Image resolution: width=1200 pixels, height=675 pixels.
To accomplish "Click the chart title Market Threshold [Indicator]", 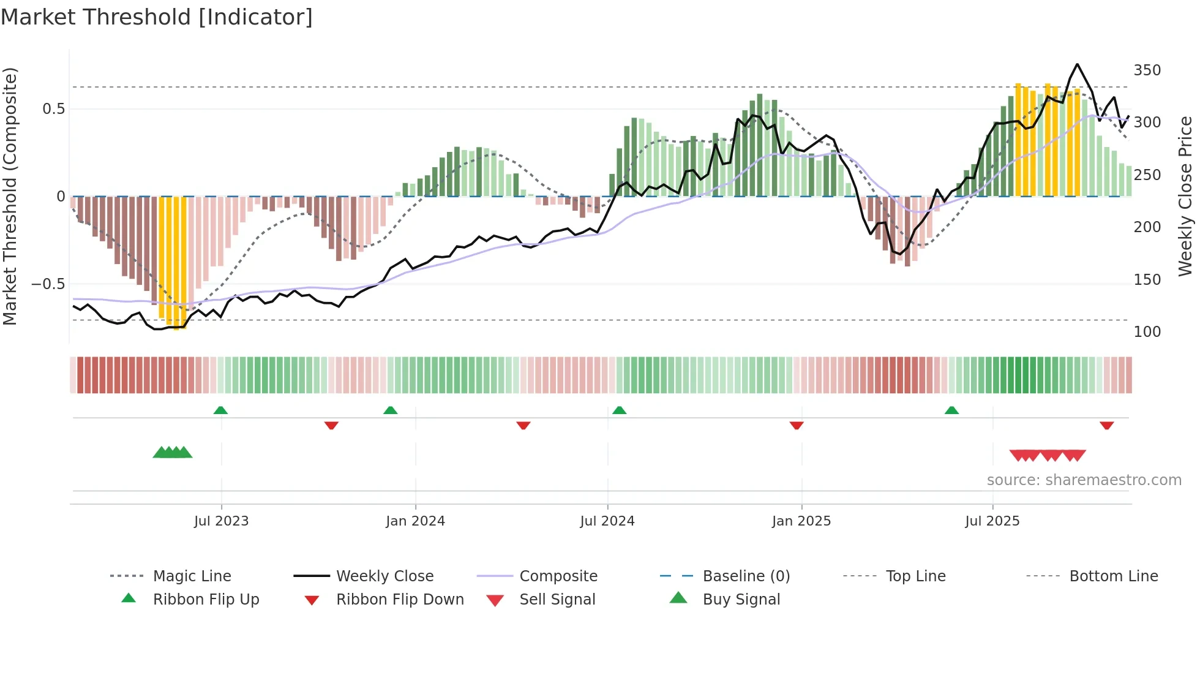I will [x=157, y=17].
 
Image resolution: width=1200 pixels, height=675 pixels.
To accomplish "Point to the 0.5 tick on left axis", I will [x=53, y=109].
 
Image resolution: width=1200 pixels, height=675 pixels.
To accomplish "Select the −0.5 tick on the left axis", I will [x=48, y=284].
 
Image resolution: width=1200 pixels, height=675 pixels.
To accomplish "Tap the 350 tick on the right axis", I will [x=1147, y=70].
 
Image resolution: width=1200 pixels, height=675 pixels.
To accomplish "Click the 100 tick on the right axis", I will [x=1147, y=332].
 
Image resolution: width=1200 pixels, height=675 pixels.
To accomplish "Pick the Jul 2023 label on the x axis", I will [x=221, y=521].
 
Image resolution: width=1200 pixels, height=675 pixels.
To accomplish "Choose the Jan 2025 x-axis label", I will [x=801, y=521].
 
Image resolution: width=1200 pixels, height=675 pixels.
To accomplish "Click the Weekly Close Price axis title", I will [x=1185, y=196].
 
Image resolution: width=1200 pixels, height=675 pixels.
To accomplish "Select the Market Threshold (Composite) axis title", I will [x=10, y=196].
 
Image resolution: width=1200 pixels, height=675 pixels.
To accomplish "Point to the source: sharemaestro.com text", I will [x=1084, y=480].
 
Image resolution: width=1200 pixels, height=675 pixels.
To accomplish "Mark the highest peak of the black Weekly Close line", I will [x=1078, y=64].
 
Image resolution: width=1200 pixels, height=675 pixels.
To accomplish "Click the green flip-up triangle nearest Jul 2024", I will [x=619, y=410].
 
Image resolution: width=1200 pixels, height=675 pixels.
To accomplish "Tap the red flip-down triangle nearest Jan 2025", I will [x=796, y=425].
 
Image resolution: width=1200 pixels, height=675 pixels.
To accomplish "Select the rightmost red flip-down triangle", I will [x=1106, y=425].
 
